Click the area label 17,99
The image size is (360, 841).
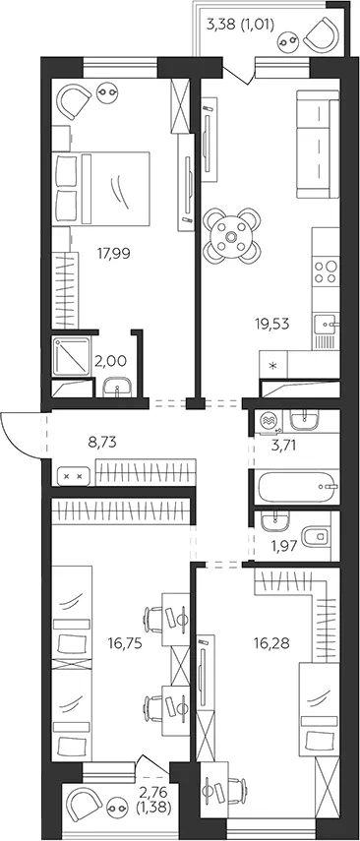click(x=114, y=252)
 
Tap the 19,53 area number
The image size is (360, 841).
click(x=272, y=323)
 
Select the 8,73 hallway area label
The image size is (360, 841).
click(x=102, y=443)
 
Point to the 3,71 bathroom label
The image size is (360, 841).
click(x=284, y=446)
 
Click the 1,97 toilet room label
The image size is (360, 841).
click(x=282, y=548)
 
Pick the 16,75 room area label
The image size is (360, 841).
click(x=124, y=643)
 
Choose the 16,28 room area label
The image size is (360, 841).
click(x=271, y=642)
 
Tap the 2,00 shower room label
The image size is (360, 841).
click(x=111, y=361)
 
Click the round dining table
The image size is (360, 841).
click(x=232, y=236)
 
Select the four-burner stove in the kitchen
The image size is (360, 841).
click(x=327, y=271)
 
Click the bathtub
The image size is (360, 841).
click(x=296, y=486)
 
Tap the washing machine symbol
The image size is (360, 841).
click(x=269, y=421)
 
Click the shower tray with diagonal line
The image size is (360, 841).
click(x=72, y=356)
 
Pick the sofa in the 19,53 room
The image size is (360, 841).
click(x=318, y=145)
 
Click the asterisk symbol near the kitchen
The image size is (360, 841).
click(x=273, y=366)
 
